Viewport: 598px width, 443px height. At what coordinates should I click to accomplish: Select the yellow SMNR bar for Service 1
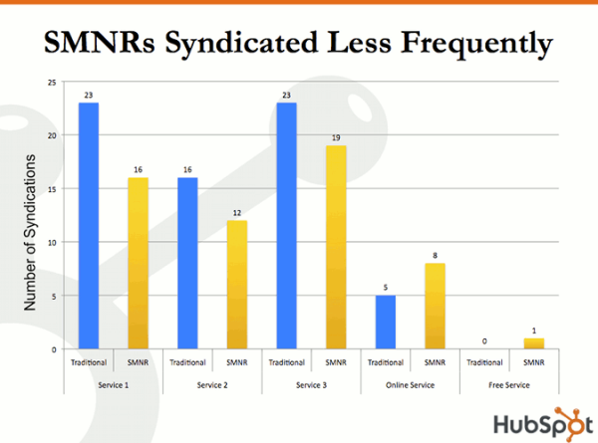138,263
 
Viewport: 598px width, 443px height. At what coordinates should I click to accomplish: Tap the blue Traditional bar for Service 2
187,263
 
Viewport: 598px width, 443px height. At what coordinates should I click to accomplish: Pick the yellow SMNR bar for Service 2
236,285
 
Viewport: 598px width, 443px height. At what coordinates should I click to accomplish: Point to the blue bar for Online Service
385,323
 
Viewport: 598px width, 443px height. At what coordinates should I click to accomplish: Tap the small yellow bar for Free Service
533,343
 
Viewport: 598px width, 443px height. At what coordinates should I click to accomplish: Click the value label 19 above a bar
336,137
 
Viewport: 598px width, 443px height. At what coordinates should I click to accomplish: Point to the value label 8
435,255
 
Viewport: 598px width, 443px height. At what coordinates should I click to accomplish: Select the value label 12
236,212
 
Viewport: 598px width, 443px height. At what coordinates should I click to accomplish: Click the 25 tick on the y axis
52,82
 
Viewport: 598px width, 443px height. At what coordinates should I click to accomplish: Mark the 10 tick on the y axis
52,242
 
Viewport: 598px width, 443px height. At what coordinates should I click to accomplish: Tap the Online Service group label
410,384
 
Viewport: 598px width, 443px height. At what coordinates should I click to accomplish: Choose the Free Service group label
508,384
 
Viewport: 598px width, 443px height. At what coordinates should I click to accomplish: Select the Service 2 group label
211,384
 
